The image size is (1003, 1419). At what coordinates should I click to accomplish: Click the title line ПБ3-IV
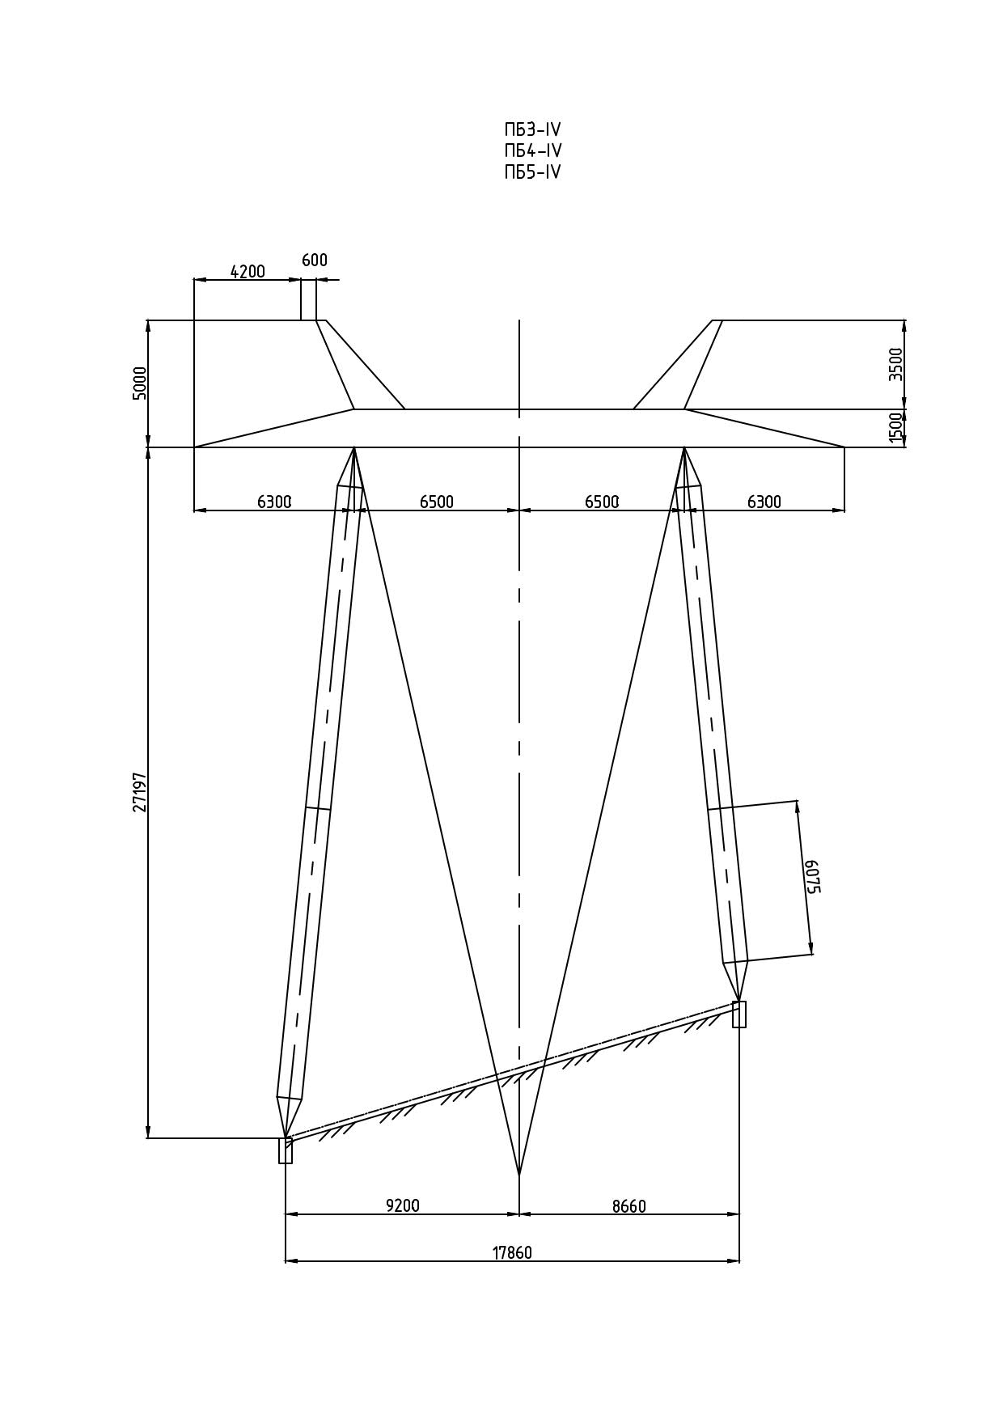tap(532, 130)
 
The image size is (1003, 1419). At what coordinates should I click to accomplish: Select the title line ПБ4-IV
tap(532, 151)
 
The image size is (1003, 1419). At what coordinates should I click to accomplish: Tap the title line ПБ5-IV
tap(532, 172)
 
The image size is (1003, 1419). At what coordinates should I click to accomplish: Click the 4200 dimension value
tap(248, 271)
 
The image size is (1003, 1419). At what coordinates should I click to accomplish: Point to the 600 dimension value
tap(315, 261)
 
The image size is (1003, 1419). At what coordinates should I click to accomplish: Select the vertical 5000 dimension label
tap(140, 383)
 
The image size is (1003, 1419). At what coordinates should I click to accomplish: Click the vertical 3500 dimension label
tap(895, 364)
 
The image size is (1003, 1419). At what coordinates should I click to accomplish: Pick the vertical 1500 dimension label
tap(895, 427)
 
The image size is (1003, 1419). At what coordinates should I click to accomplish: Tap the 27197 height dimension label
tap(140, 792)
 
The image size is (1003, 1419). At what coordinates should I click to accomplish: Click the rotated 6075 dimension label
tap(812, 876)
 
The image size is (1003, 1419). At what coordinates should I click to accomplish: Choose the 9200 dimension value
tap(403, 1205)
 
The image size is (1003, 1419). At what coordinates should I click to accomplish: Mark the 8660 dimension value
tap(629, 1206)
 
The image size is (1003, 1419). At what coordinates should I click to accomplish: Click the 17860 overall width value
tap(513, 1253)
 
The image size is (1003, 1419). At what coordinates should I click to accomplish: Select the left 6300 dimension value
tap(274, 502)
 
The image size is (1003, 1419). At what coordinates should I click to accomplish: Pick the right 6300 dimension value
tap(764, 502)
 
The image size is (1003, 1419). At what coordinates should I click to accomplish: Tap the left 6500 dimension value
tap(437, 502)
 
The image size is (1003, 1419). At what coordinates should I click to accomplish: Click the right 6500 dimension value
tap(602, 502)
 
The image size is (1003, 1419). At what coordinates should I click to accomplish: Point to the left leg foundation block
tap(286, 1150)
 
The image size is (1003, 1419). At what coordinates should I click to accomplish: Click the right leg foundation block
tap(739, 1014)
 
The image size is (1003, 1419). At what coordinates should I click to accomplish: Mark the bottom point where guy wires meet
tap(518, 1175)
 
